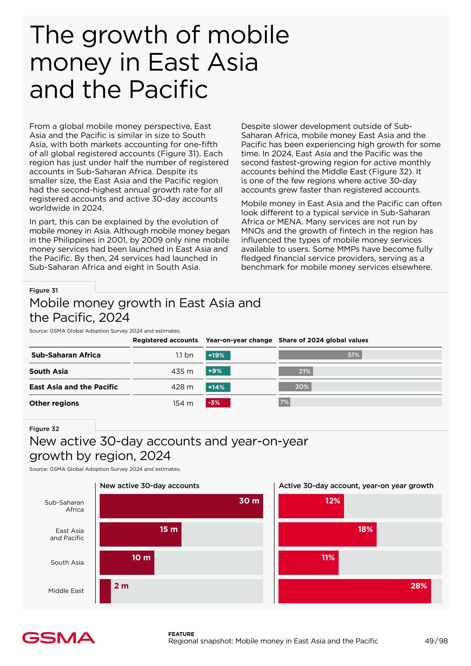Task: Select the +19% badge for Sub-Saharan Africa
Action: pyautogui.click(x=218, y=355)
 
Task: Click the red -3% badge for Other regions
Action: pyautogui.click(x=218, y=403)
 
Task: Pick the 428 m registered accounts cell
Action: pyautogui.click(x=182, y=387)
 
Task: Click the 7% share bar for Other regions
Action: pyautogui.click(x=284, y=402)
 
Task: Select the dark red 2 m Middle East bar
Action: pyautogui.click(x=105, y=591)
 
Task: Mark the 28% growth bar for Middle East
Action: pyautogui.click(x=354, y=591)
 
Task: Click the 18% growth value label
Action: pyautogui.click(x=365, y=529)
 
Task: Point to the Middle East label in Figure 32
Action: pyautogui.click(x=66, y=591)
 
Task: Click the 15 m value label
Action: pyautogui.click(x=169, y=529)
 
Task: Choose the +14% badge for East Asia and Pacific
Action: pyautogui.click(x=218, y=387)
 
